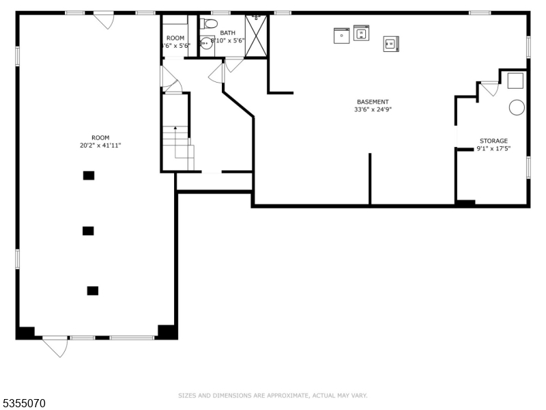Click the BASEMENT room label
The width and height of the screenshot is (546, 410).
(373, 102)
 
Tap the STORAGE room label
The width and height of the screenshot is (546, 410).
(493, 141)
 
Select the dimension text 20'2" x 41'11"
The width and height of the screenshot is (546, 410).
(100, 146)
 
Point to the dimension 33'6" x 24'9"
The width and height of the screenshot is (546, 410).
(373, 109)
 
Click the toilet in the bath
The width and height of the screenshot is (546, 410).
(211, 24)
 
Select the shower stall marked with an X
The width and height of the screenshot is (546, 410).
(256, 36)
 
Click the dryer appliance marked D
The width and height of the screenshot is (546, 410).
(341, 35)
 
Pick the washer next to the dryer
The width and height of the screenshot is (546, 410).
(361, 31)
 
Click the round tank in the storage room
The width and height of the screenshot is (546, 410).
(517, 107)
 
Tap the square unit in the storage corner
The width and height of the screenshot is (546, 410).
(515, 80)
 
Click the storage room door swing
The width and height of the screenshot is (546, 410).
(489, 88)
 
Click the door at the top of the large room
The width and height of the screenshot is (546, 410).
(104, 20)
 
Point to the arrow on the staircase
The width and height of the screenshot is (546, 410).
(175, 129)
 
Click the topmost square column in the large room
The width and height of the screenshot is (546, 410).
(89, 176)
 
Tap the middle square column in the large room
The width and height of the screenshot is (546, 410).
(88, 231)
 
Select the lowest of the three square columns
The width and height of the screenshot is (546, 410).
(93, 290)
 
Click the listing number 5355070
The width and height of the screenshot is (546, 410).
(25, 404)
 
